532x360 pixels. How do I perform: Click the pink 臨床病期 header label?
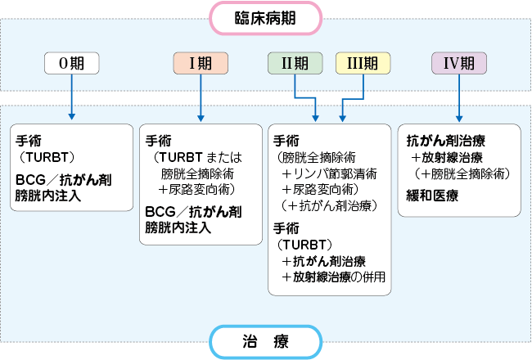266,16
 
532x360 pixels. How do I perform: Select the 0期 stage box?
71,62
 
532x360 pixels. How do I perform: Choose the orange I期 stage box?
201,62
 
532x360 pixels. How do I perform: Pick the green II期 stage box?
296,62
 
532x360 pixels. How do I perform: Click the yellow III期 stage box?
361,62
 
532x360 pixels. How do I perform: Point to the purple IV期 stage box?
458,62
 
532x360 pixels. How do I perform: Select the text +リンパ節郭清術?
325,173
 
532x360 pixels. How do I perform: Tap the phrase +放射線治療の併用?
332,277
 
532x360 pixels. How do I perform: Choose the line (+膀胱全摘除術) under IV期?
462,174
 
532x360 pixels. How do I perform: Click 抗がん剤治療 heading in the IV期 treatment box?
445,140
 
